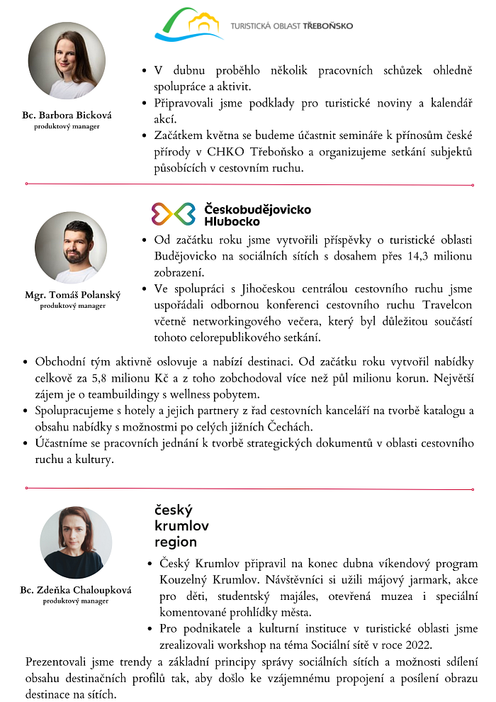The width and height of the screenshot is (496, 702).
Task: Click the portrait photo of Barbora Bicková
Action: coord(67,61)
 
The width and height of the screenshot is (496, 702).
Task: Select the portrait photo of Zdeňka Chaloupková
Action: coord(76,542)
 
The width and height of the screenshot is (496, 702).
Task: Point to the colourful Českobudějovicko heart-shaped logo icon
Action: coord(173,213)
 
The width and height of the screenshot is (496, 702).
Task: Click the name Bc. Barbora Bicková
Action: coord(67,115)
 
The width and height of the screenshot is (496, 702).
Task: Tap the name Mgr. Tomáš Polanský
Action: coord(72,294)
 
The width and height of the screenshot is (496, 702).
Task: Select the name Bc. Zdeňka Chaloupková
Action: coord(76,589)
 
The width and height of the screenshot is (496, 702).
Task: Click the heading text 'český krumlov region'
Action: coord(176,526)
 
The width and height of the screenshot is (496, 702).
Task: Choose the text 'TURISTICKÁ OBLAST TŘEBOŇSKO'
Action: coord(291,26)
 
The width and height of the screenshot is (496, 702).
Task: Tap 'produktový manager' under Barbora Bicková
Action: coord(67,126)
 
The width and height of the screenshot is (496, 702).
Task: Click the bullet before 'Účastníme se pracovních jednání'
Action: coord(26,443)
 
